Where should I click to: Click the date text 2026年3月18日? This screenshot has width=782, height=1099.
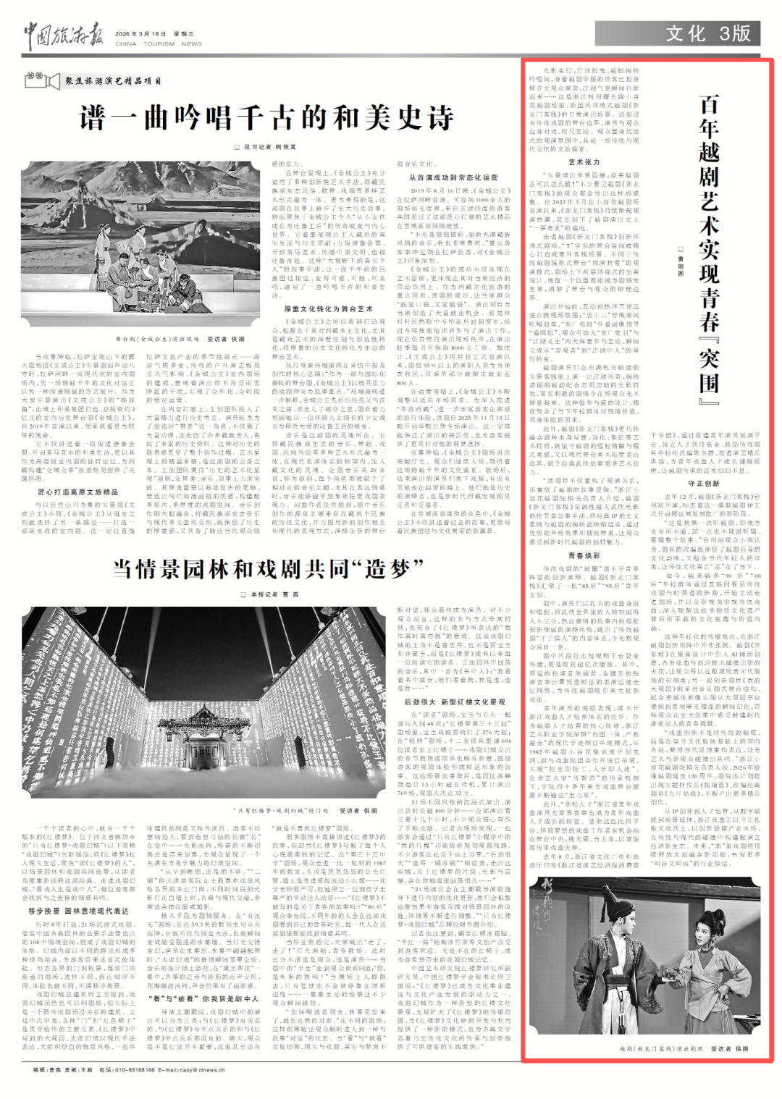140,33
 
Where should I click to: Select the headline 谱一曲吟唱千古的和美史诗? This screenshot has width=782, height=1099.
266,117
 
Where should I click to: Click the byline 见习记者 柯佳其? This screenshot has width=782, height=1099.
264,146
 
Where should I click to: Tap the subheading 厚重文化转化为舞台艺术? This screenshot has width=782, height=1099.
328,309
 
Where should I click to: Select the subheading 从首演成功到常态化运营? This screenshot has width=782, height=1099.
453,177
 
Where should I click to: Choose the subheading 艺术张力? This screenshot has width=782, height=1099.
584,162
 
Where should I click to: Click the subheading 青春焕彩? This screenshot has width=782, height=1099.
584,555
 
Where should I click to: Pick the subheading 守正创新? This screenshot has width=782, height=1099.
704,483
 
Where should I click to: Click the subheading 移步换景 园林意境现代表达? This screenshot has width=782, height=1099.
78,910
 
